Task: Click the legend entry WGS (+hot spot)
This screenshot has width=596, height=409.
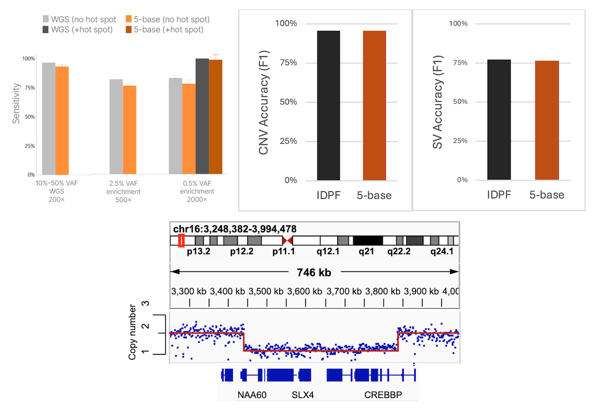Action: (x=79, y=29)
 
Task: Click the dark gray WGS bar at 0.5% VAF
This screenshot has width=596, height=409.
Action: (x=202, y=117)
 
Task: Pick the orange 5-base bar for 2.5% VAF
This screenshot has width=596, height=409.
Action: (x=130, y=130)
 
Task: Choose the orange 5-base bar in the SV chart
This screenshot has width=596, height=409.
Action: (x=547, y=120)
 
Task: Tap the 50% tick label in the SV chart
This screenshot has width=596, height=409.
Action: (x=459, y=102)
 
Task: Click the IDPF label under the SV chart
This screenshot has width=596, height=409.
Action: (x=499, y=195)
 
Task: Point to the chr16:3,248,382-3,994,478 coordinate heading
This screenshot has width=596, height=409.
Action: (x=235, y=229)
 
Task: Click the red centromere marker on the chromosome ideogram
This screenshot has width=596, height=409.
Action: (x=287, y=241)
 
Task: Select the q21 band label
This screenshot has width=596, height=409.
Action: (x=367, y=251)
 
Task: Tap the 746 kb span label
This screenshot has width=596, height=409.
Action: (x=314, y=272)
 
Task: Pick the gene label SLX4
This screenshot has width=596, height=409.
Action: (x=302, y=395)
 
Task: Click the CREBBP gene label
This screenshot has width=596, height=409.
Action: (x=383, y=395)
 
